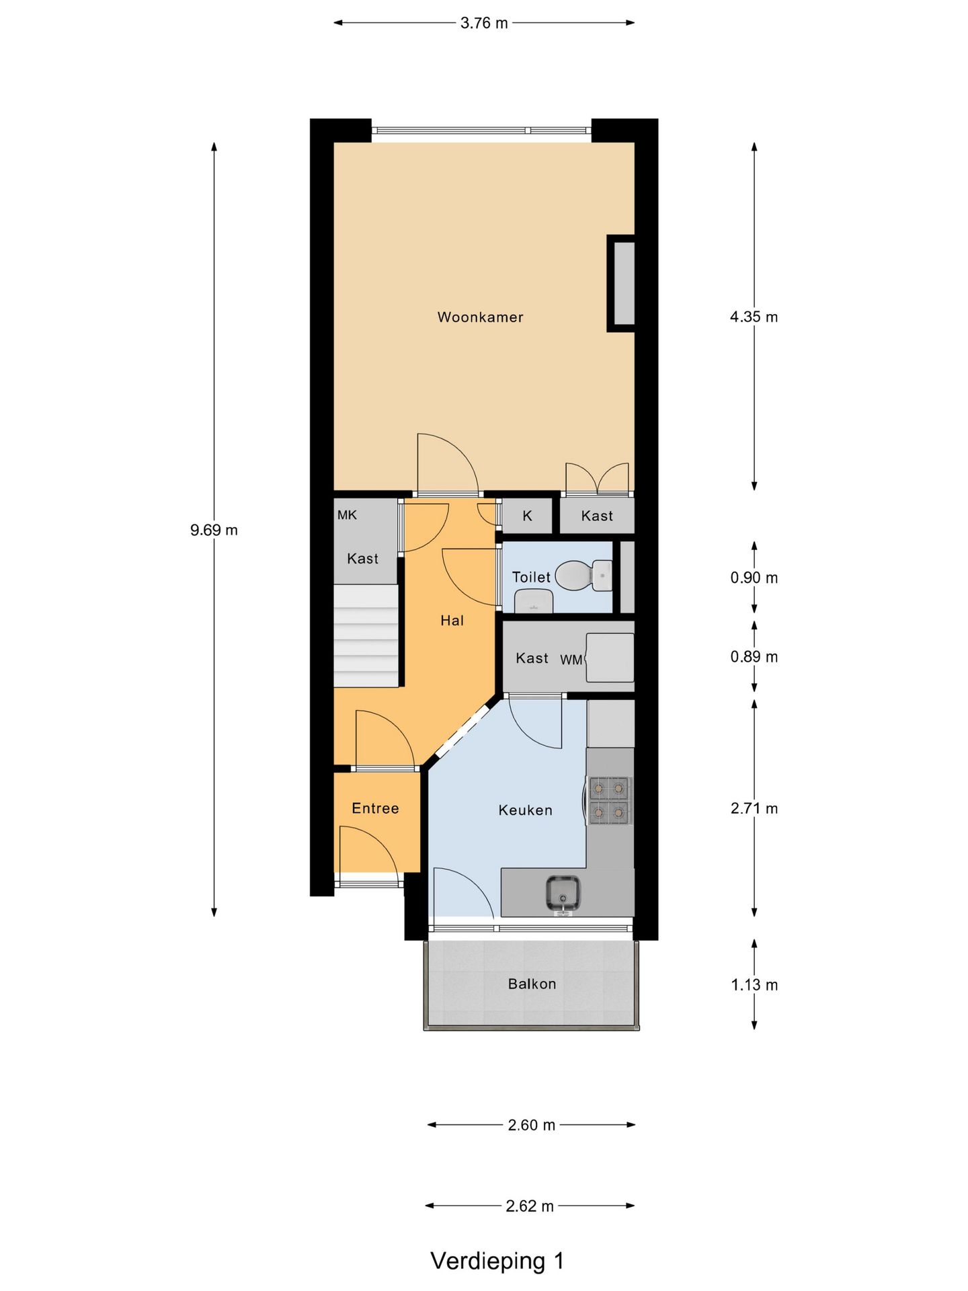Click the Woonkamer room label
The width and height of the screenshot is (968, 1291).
click(x=480, y=317)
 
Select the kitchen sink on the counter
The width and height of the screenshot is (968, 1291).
click(x=563, y=894)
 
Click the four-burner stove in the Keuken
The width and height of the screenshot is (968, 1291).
click(x=609, y=800)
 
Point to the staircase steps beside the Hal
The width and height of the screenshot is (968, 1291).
click(x=366, y=636)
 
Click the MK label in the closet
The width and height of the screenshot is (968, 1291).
click(x=347, y=515)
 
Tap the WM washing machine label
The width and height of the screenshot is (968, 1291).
click(x=571, y=660)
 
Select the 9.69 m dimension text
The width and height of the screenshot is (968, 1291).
click(x=214, y=530)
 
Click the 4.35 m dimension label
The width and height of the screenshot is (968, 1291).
click(x=754, y=317)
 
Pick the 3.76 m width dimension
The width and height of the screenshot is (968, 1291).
click(x=484, y=23)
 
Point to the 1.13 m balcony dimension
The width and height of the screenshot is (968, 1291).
click(x=754, y=985)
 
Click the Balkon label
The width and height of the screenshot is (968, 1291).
click(x=532, y=984)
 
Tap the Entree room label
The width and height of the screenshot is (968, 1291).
click(x=375, y=808)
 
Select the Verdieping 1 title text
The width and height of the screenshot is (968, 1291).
click(x=497, y=1261)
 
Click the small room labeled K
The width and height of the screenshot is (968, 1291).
click(x=527, y=516)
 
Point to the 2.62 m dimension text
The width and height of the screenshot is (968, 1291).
click(x=530, y=1206)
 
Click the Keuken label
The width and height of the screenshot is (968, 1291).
click(x=525, y=810)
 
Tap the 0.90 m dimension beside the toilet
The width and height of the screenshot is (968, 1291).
click(x=754, y=578)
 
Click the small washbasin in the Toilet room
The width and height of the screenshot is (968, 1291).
click(x=534, y=602)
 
